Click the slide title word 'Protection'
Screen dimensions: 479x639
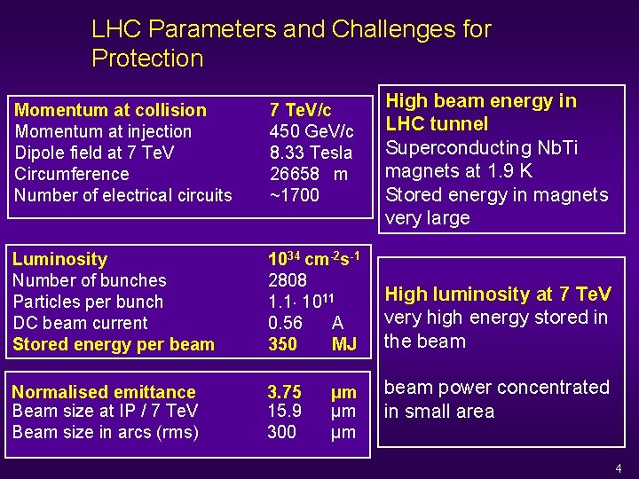[147, 59]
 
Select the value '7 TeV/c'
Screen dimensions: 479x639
[300, 110]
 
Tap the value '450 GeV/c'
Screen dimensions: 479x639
[311, 131]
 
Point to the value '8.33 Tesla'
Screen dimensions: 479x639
[311, 153]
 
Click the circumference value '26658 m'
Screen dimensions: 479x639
[308, 174]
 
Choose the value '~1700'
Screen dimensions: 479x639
[294, 195]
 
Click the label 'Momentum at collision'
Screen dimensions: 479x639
[111, 110]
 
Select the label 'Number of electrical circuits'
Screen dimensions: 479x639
[123, 195]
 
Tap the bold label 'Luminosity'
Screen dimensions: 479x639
[59, 259]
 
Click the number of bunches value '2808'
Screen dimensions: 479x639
[287, 280]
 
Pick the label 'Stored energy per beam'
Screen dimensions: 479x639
[114, 344]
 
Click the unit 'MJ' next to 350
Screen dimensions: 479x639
[343, 344]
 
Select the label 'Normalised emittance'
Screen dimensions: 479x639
[104, 392]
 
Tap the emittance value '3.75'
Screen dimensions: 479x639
[285, 392]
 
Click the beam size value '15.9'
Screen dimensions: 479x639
[285, 411]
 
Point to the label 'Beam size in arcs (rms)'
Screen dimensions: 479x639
[106, 432]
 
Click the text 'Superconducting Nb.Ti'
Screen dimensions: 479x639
[481, 147]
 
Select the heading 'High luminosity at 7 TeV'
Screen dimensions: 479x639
[498, 294]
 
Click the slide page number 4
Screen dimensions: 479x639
[619, 467]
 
